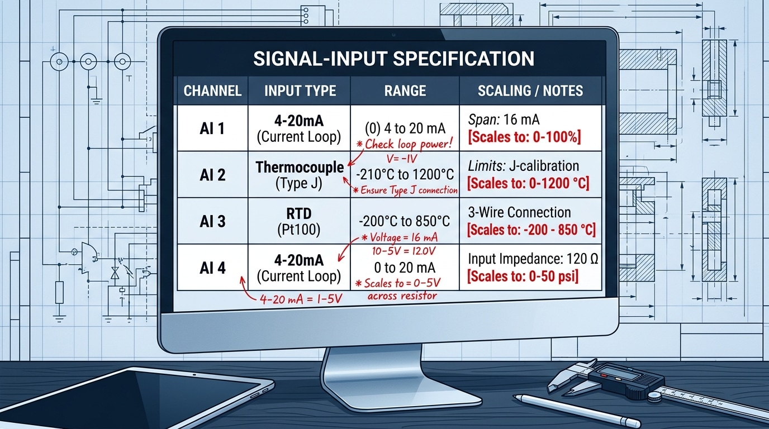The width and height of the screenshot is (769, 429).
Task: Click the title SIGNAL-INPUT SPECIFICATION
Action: tap(393, 58)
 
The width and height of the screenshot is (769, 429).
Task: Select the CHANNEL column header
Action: tap(212, 90)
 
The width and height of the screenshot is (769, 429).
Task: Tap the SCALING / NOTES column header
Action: tap(530, 90)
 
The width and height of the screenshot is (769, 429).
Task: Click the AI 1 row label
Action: tap(212, 129)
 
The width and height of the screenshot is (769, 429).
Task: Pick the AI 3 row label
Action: tap(212, 221)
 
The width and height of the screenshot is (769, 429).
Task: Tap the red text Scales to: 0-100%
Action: tap(524, 137)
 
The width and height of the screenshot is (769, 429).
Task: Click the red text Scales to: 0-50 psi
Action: tap(523, 275)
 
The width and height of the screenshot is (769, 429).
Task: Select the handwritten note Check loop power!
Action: tap(407, 144)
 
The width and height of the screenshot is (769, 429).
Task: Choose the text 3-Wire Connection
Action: tap(519, 212)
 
